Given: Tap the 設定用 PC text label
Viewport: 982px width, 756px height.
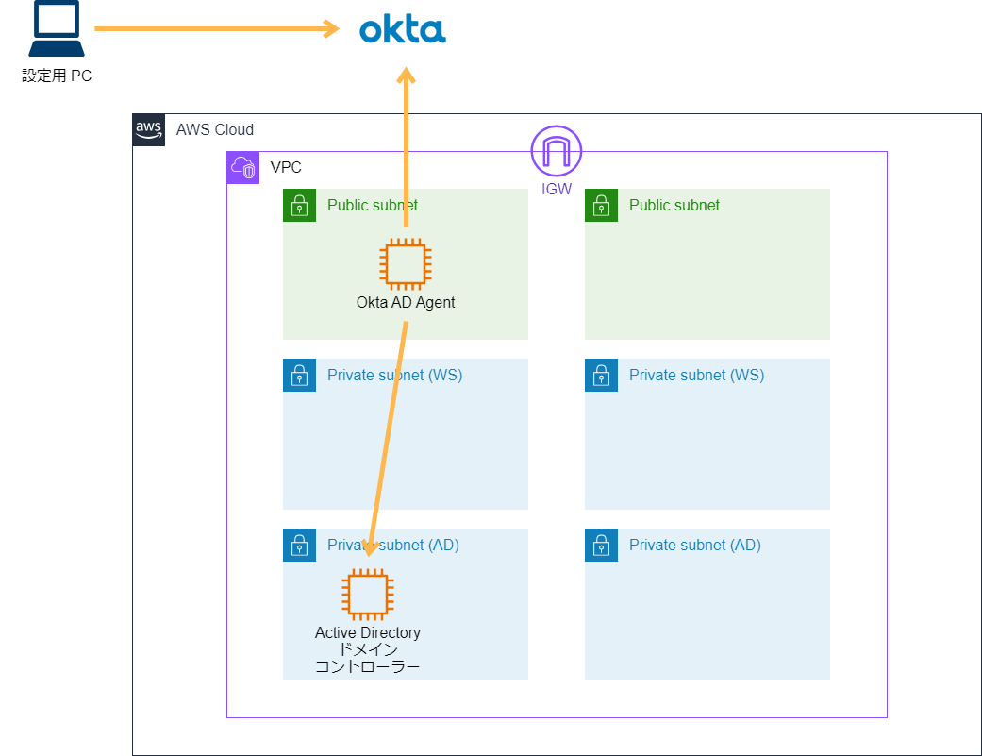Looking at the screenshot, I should coord(57,76).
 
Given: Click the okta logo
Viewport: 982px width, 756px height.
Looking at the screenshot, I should coord(403,29).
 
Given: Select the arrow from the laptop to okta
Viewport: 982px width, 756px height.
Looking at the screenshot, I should coord(217,29).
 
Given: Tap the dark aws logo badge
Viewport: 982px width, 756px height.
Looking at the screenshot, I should coord(148,130).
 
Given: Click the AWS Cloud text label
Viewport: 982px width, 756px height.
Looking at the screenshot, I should coord(215,130).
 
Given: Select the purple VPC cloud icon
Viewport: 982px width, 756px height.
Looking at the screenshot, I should coord(242,168).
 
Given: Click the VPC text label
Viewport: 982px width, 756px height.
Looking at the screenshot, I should coord(286,168).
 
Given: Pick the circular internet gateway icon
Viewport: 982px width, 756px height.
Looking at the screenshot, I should coord(557,150).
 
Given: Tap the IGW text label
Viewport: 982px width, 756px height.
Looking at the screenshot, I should coord(557,190).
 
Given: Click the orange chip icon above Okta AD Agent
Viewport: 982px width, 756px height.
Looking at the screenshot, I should coord(405,263).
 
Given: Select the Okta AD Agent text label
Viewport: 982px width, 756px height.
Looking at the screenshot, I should coord(406,303).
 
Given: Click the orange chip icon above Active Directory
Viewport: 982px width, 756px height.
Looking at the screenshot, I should coord(368,593).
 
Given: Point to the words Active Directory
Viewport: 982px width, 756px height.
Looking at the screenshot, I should coord(368,632).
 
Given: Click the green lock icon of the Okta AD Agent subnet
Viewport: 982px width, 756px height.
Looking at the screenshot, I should coord(299,205).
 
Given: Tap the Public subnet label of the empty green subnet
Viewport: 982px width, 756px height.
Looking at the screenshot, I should coord(674,205).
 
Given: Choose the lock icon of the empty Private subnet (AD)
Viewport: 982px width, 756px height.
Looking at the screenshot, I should coord(601,545).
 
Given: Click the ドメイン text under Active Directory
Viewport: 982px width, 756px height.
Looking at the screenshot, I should coord(368,649).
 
